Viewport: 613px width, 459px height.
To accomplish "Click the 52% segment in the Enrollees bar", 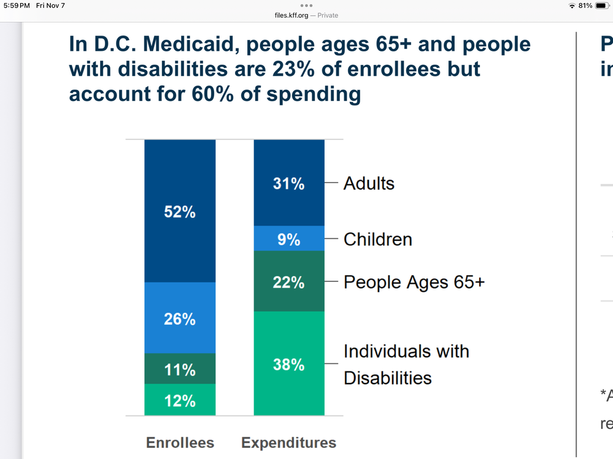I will (x=180, y=211).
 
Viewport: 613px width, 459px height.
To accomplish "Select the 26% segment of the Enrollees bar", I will (x=180, y=318).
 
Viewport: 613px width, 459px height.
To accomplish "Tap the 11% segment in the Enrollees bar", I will (x=180, y=369).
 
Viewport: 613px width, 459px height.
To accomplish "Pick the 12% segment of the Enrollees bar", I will (x=180, y=400).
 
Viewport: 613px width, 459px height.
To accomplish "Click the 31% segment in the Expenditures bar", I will (x=288, y=183).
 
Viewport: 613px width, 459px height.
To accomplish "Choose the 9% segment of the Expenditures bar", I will (x=288, y=238).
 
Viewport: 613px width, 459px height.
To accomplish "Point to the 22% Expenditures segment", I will (x=288, y=282).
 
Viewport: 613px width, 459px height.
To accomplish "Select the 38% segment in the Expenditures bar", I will (x=288, y=364).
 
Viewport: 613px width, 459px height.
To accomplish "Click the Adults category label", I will (x=369, y=183).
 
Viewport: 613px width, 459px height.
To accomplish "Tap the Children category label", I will (x=377, y=239).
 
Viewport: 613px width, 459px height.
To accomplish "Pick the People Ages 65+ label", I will (x=414, y=282).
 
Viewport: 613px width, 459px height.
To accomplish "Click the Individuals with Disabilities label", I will (x=406, y=364).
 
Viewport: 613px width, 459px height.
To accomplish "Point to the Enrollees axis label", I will (x=180, y=442).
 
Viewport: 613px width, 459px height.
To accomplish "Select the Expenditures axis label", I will (x=288, y=442).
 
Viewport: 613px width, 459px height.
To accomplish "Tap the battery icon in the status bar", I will (x=602, y=6).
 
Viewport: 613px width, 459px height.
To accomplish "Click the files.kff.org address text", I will (x=291, y=15).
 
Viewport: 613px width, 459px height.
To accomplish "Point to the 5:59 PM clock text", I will (x=16, y=6).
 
